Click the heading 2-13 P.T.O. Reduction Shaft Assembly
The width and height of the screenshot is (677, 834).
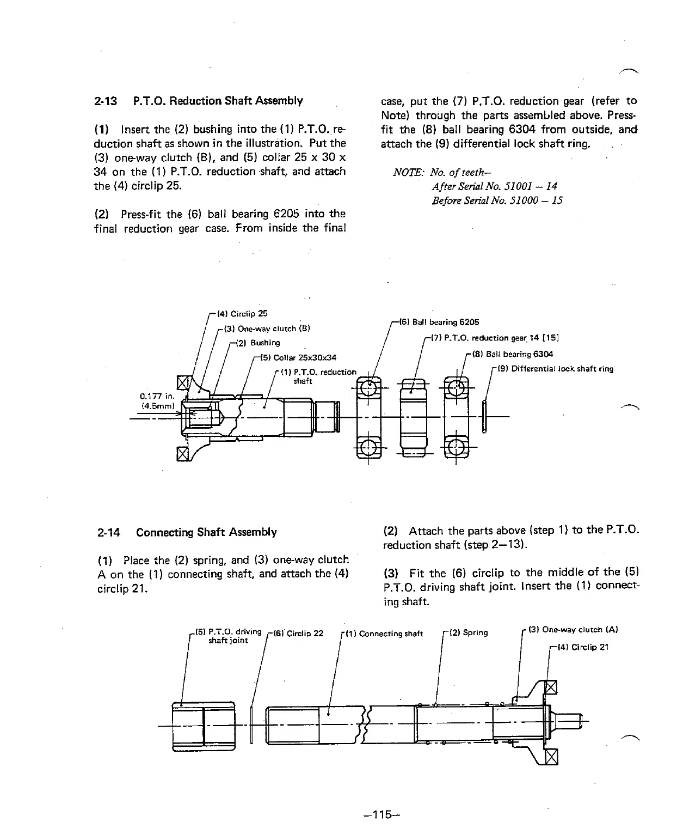199,101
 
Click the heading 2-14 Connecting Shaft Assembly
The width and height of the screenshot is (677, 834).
187,532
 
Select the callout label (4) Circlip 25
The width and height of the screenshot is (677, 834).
243,314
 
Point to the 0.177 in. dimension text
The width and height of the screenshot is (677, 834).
157,397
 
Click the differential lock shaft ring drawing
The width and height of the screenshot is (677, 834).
484,416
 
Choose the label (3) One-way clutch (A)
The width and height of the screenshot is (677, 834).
572,630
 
